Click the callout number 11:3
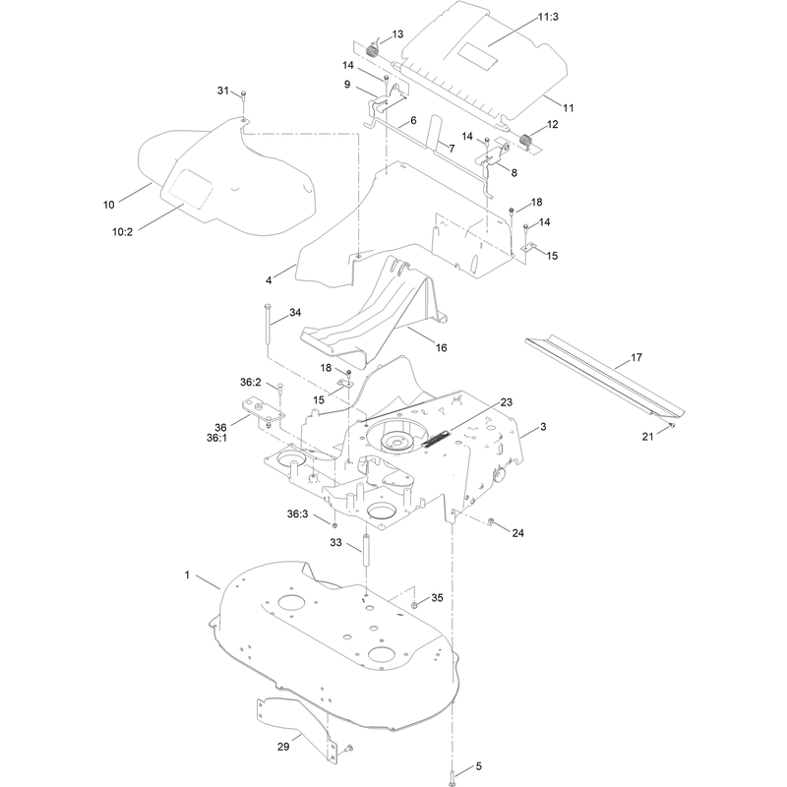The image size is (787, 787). [548, 17]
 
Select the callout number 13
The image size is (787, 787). [397, 34]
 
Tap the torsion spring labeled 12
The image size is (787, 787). [526, 141]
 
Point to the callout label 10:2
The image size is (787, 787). [122, 231]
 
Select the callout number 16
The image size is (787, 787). [441, 347]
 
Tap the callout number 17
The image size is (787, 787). [636, 357]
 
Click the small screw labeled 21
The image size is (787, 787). [672, 426]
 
